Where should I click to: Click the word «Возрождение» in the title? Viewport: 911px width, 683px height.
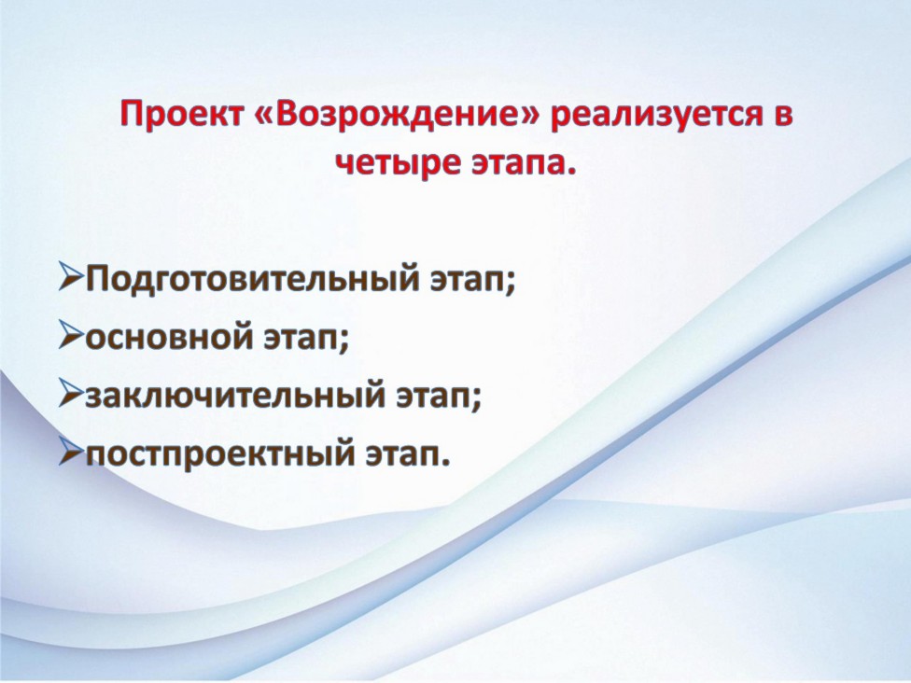(397, 114)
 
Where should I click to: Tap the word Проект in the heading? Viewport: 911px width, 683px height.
(182, 114)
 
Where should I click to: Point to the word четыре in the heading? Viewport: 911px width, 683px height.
(398, 162)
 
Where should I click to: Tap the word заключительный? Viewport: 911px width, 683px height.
(235, 396)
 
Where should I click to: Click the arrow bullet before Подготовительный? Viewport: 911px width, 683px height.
(71, 277)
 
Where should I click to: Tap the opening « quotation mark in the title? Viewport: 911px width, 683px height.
(264, 116)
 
